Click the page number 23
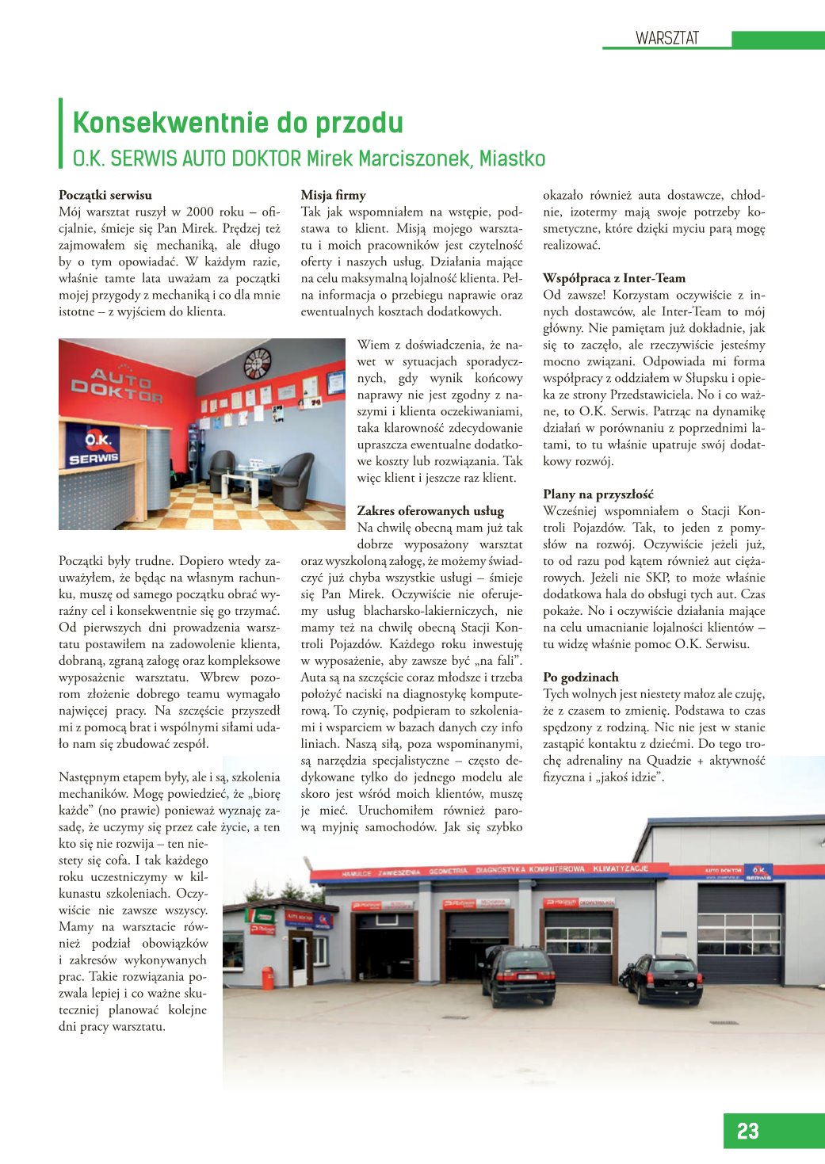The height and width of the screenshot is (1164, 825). (x=747, y=1131)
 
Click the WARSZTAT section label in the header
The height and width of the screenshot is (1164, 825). (x=666, y=38)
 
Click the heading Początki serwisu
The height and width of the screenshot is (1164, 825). (x=105, y=195)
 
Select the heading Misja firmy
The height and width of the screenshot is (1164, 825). (x=333, y=195)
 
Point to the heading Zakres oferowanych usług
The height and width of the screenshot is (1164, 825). (x=430, y=511)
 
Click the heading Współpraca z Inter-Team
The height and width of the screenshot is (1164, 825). (x=614, y=278)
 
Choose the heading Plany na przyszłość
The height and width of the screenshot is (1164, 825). (x=598, y=494)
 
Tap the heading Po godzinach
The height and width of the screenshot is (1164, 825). (x=581, y=677)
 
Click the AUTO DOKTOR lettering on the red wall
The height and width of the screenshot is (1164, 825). (x=116, y=384)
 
